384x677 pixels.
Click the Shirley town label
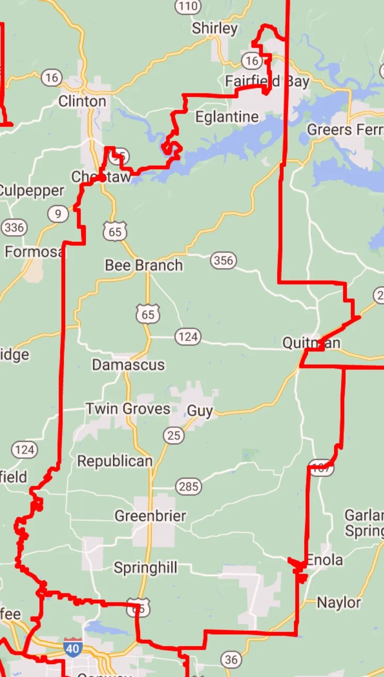214,28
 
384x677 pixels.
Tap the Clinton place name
82,101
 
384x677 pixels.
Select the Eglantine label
227,117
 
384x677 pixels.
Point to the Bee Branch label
144,266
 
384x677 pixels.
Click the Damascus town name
128,365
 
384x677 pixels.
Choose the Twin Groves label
128,409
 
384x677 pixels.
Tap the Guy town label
199,411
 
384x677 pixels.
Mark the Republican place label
115,461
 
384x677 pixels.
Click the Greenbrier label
150,516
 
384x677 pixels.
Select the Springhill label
145,568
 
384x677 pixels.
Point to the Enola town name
325,560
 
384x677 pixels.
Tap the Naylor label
339,603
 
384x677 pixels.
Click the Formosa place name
34,252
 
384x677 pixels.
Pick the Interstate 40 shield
73,647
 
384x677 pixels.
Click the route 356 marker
223,260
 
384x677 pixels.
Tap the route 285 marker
188,486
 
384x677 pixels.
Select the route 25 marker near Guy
174,436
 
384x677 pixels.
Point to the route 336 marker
14,227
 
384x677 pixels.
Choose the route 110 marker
188,6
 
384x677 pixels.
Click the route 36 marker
231,659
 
